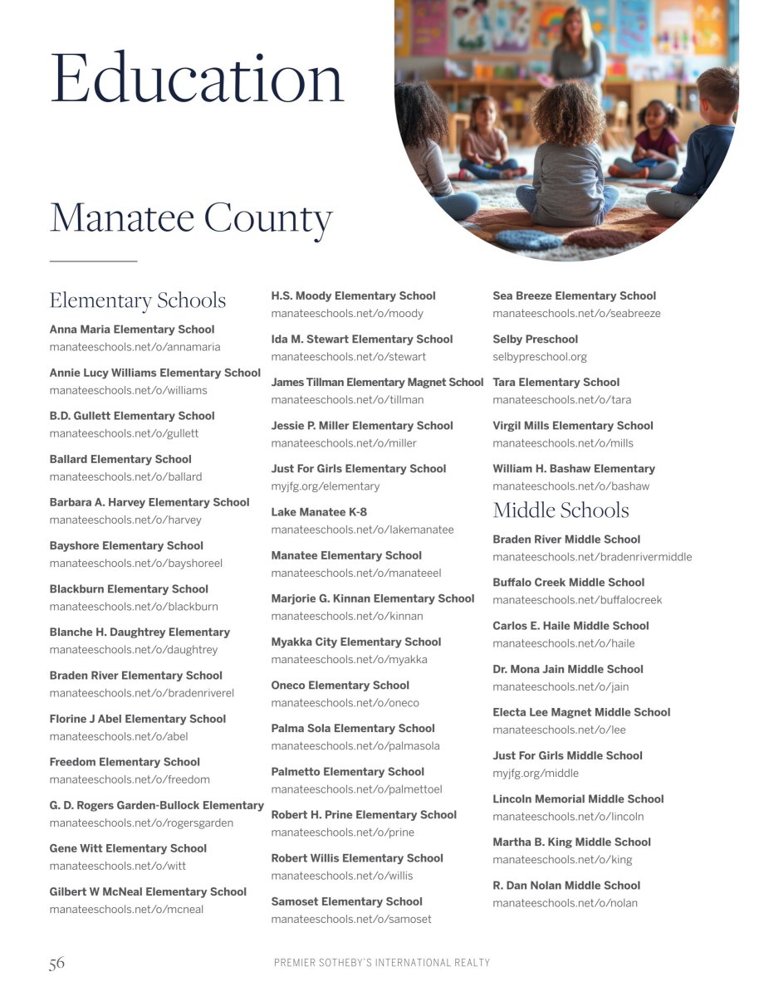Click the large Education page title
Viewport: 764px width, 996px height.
(197, 78)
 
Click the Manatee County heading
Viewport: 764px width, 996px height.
(191, 217)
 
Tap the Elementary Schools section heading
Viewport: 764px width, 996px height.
(138, 300)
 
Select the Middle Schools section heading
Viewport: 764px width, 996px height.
(561, 510)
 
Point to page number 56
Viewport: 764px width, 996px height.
(56, 963)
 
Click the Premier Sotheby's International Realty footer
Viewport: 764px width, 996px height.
(382, 963)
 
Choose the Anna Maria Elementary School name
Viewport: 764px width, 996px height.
(132, 330)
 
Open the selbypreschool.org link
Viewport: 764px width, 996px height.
(540, 357)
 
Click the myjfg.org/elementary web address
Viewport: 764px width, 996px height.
(326, 486)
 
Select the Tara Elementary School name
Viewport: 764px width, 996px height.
(556, 383)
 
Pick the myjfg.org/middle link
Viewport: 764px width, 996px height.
(536, 774)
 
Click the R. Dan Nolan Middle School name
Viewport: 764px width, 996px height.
(566, 886)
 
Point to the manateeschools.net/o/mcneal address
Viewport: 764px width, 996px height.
(126, 910)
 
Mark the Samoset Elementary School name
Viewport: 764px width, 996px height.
(346, 901)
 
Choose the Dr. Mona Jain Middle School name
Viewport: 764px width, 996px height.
(568, 669)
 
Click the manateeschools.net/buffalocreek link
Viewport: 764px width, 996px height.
(577, 600)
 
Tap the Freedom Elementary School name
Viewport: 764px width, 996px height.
(125, 762)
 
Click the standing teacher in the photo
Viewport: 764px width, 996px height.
(578, 50)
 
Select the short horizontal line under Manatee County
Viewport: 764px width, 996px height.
(93, 261)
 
